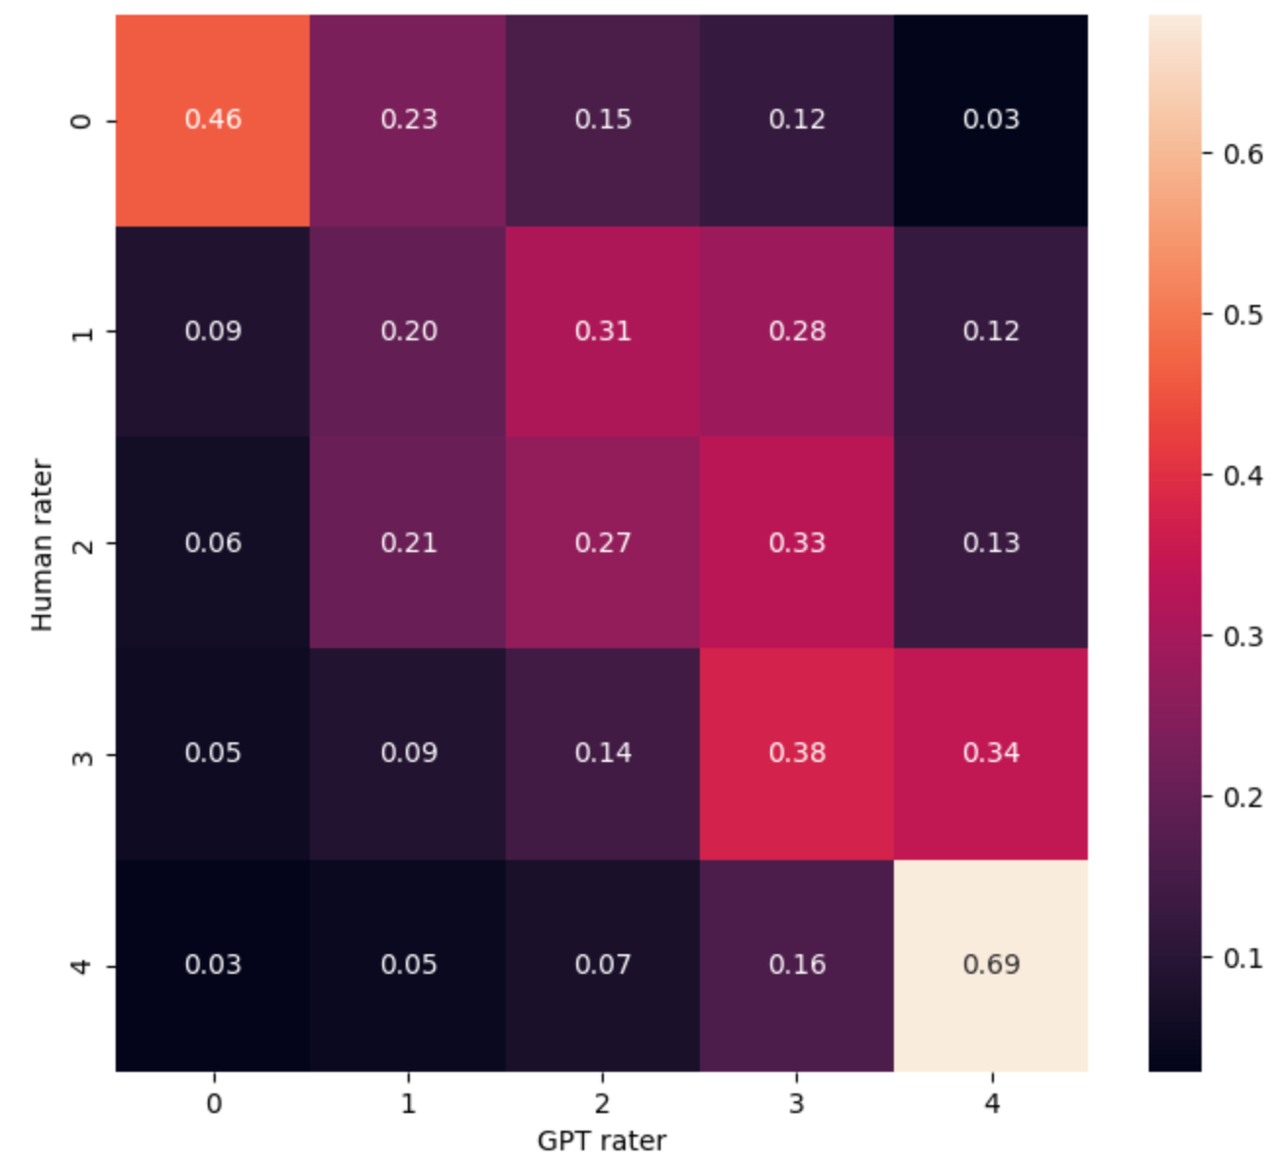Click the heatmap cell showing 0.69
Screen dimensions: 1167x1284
pos(991,965)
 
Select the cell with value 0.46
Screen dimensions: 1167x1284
pos(213,120)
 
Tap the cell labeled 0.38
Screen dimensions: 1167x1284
pos(797,753)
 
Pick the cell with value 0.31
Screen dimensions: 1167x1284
pos(603,331)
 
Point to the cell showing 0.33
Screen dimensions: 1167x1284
pos(797,542)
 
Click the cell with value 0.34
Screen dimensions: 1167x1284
pos(991,753)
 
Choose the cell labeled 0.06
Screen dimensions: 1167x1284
pos(213,542)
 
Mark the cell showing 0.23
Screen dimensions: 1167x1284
pos(409,120)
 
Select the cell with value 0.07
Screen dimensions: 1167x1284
pos(603,965)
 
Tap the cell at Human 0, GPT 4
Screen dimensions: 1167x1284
pos(991,120)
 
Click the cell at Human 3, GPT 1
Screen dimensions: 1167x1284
pos(409,753)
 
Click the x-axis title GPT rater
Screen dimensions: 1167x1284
pos(602,1141)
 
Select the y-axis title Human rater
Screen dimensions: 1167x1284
pos(41,544)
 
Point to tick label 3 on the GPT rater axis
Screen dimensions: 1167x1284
pos(797,1104)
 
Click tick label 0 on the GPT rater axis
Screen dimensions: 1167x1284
pos(214,1104)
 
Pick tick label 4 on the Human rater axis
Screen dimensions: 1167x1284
pos(84,966)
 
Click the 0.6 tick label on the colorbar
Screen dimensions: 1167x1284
pos(1243,154)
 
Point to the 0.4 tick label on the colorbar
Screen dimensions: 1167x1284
pos(1243,476)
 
